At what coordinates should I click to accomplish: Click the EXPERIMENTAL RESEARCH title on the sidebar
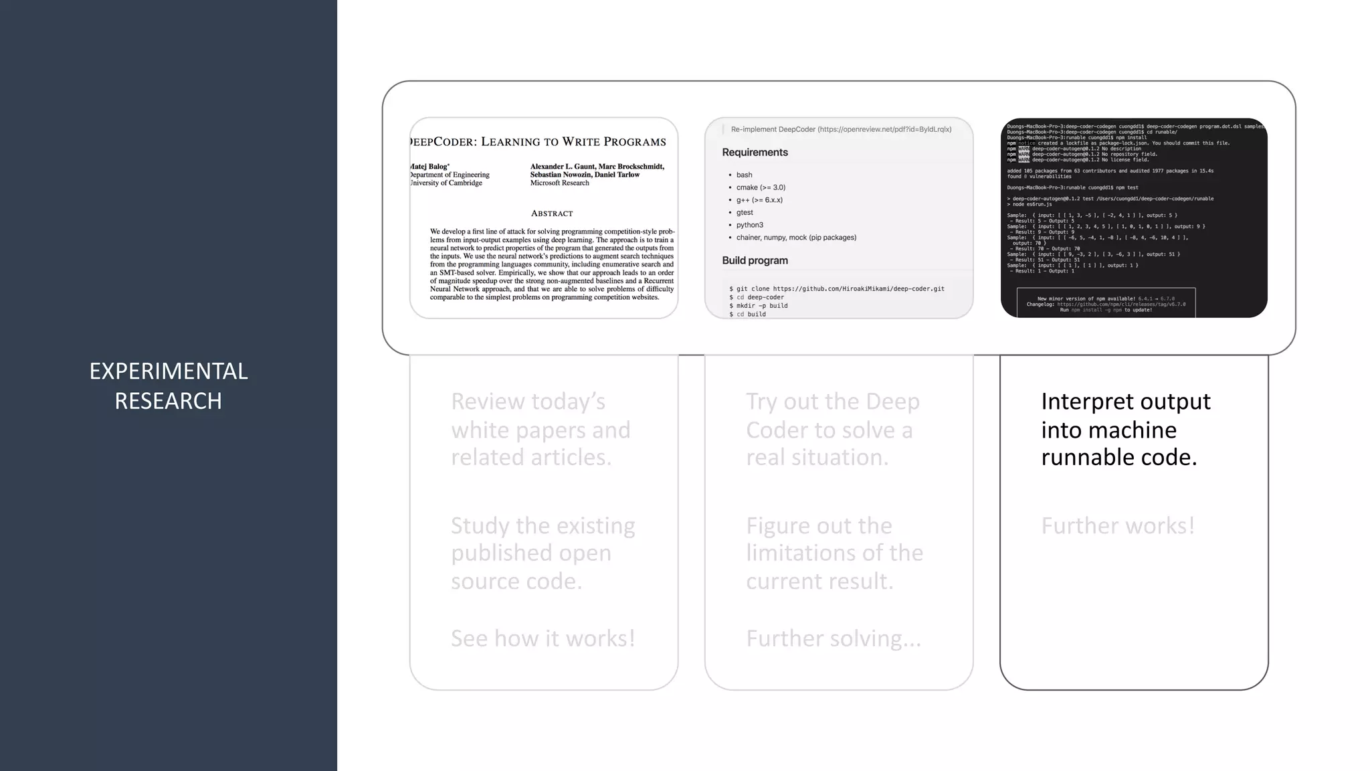point(169,385)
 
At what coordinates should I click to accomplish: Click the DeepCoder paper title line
point(539,142)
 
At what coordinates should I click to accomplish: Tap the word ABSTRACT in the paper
point(552,213)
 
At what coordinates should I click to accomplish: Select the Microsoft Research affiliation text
point(560,183)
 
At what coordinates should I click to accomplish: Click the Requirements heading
point(755,153)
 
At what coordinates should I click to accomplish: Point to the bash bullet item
point(744,175)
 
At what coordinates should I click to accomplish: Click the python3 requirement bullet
point(749,225)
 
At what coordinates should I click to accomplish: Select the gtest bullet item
point(745,212)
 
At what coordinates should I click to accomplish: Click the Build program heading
point(755,260)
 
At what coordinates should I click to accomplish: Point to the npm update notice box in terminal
point(1106,304)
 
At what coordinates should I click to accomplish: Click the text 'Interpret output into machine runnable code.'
point(1125,429)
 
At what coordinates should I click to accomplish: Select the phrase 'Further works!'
point(1117,526)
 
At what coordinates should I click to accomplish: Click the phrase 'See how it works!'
point(543,638)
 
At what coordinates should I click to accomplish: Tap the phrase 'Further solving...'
point(834,638)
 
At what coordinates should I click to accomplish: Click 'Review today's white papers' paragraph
point(541,429)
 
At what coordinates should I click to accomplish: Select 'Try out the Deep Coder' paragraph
point(833,429)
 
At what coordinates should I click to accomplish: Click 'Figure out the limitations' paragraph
point(834,553)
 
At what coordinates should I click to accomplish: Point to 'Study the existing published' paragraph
point(543,553)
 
